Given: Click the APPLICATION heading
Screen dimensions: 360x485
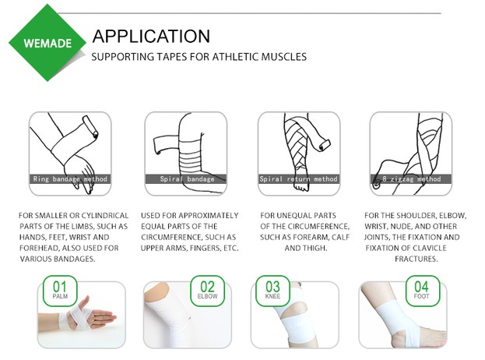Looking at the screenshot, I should click(150, 36).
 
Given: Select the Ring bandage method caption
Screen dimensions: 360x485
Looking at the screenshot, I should click(71, 178).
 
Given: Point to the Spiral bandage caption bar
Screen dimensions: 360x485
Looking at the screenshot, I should click(186, 178).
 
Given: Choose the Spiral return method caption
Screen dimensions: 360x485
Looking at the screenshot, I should click(298, 178).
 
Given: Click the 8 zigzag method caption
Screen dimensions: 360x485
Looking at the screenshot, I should click(412, 178).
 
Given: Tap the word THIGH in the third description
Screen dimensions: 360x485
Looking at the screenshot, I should click(315, 248).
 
